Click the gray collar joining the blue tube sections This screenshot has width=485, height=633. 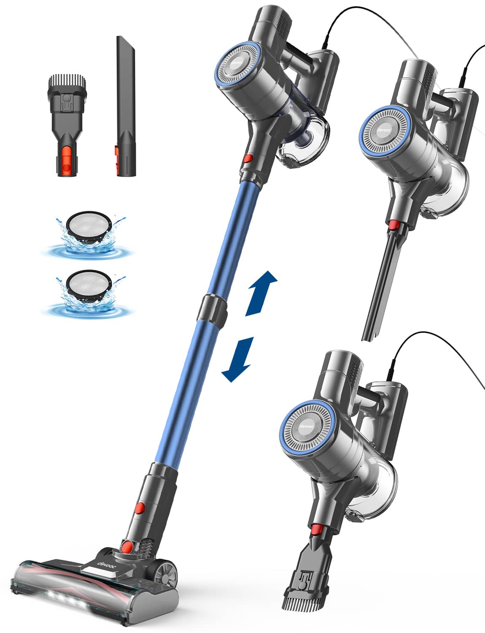[x=214, y=307]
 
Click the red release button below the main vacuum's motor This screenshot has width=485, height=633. [x=248, y=158]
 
